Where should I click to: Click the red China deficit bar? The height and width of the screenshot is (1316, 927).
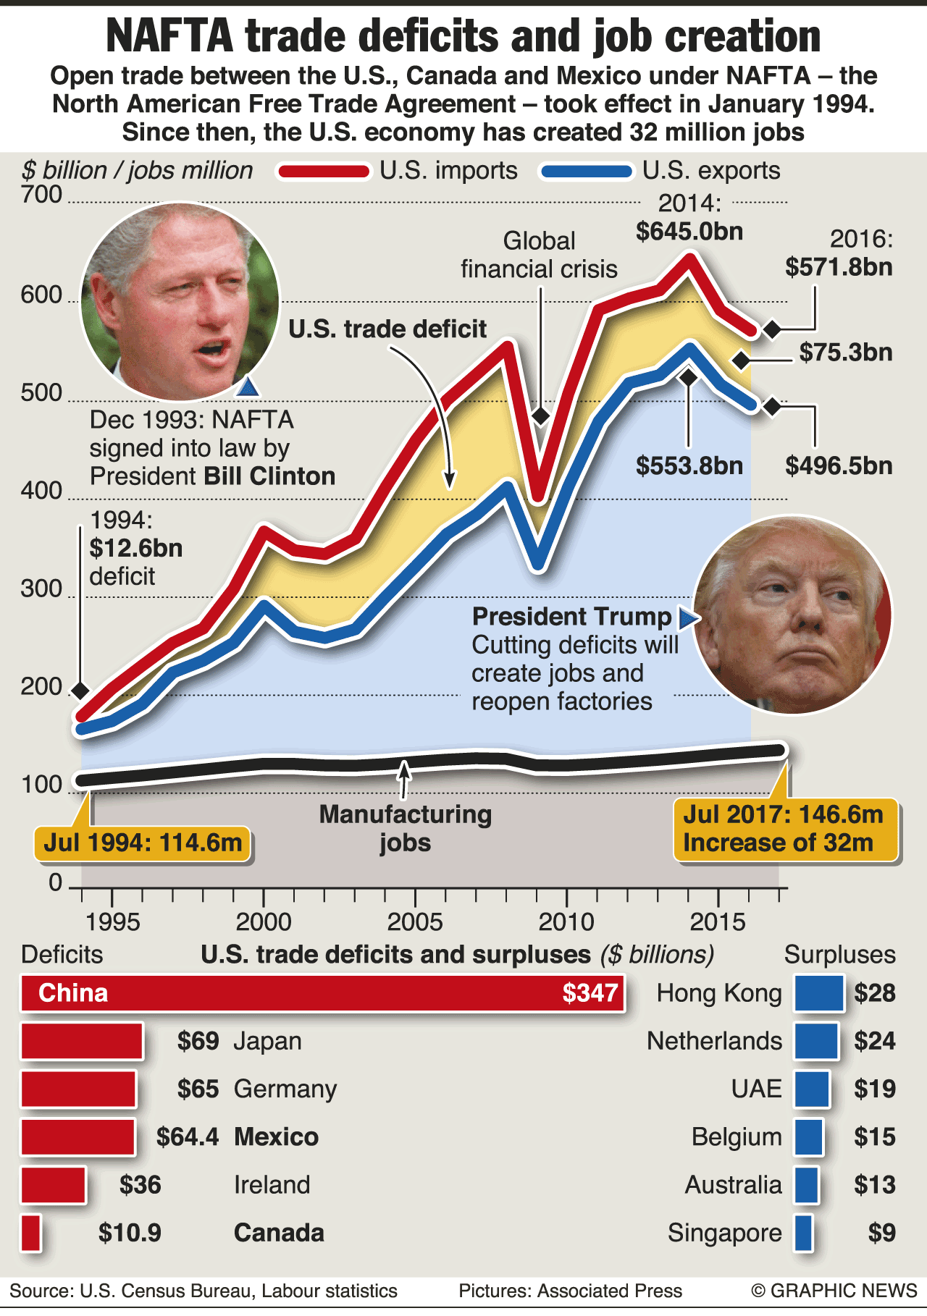(322, 993)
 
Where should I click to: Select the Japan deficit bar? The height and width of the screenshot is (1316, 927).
(82, 1041)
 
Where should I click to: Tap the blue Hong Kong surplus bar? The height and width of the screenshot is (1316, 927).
(819, 993)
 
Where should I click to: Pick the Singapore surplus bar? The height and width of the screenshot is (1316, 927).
(803, 1233)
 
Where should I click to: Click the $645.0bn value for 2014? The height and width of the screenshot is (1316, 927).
(689, 232)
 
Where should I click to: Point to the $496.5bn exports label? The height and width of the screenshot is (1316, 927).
(839, 465)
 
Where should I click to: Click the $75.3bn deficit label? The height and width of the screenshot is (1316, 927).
(845, 353)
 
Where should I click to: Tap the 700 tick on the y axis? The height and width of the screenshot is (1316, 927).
(41, 195)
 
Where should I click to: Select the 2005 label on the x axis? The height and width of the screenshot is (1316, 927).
(415, 922)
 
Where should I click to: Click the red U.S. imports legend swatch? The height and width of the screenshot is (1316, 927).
(324, 172)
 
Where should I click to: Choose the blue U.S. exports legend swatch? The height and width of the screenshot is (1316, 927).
(587, 172)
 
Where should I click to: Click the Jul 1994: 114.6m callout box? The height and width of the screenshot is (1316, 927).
(142, 843)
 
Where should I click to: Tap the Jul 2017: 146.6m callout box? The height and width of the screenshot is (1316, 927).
(785, 830)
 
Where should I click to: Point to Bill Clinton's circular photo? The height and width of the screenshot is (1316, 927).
(180, 300)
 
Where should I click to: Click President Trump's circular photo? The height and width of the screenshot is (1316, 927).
(792, 615)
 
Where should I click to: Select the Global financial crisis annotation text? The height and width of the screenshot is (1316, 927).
(539, 255)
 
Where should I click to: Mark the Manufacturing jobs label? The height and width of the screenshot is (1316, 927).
(405, 829)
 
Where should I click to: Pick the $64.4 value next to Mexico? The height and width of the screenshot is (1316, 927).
(187, 1136)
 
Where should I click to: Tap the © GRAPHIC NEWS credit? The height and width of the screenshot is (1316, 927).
(834, 1291)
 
